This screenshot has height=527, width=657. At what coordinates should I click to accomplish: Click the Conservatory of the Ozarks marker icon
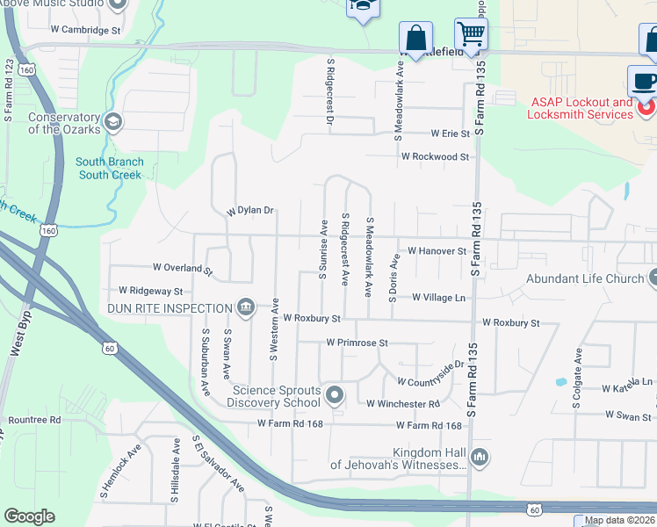(x=112, y=120)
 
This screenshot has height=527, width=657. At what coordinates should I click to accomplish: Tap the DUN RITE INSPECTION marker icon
(x=247, y=307)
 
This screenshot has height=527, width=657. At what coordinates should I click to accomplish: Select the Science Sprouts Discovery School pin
(x=334, y=395)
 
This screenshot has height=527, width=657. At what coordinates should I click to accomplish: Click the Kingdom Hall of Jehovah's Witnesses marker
(x=479, y=457)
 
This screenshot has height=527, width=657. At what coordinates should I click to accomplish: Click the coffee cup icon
(x=643, y=80)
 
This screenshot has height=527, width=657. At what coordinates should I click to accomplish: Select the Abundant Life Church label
(x=585, y=279)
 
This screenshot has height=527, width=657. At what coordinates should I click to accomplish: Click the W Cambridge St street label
(x=84, y=30)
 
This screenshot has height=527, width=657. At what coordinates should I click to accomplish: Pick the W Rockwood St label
(x=435, y=156)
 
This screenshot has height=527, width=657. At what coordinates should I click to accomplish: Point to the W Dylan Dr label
(x=250, y=211)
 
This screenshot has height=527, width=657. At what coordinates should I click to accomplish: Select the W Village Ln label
(x=438, y=298)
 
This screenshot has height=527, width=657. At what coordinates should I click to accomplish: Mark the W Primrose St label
(x=357, y=343)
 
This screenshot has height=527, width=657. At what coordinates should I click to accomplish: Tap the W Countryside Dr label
(x=430, y=374)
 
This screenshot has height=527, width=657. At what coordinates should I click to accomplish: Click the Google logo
(x=30, y=516)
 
